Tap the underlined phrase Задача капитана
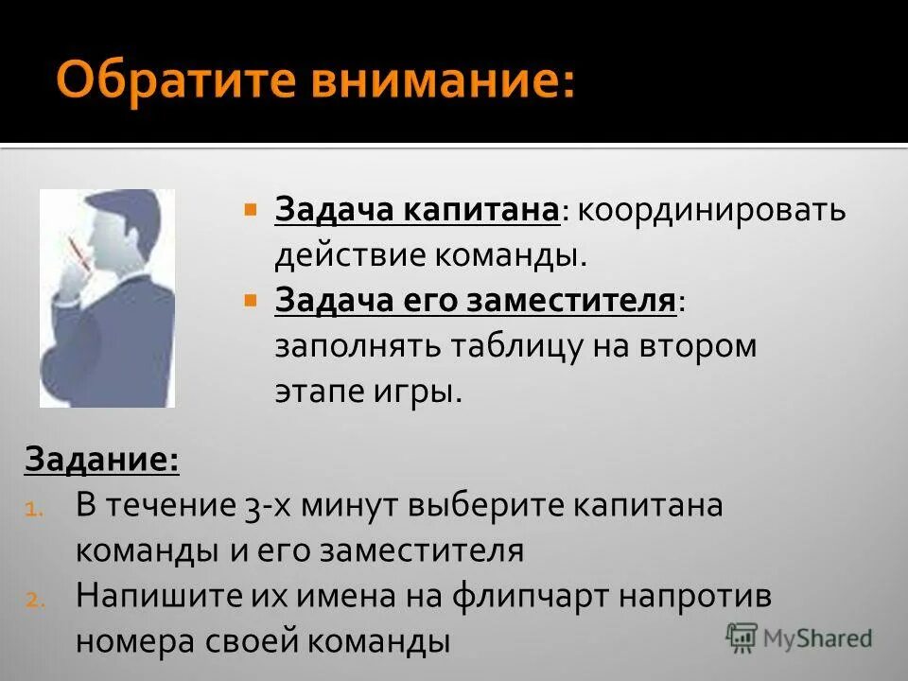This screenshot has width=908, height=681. tap(416, 209)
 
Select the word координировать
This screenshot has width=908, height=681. tap(712, 209)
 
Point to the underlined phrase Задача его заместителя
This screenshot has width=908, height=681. tap(476, 300)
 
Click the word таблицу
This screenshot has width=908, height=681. tap(501, 345)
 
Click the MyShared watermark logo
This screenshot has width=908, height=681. tap(800, 637)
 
